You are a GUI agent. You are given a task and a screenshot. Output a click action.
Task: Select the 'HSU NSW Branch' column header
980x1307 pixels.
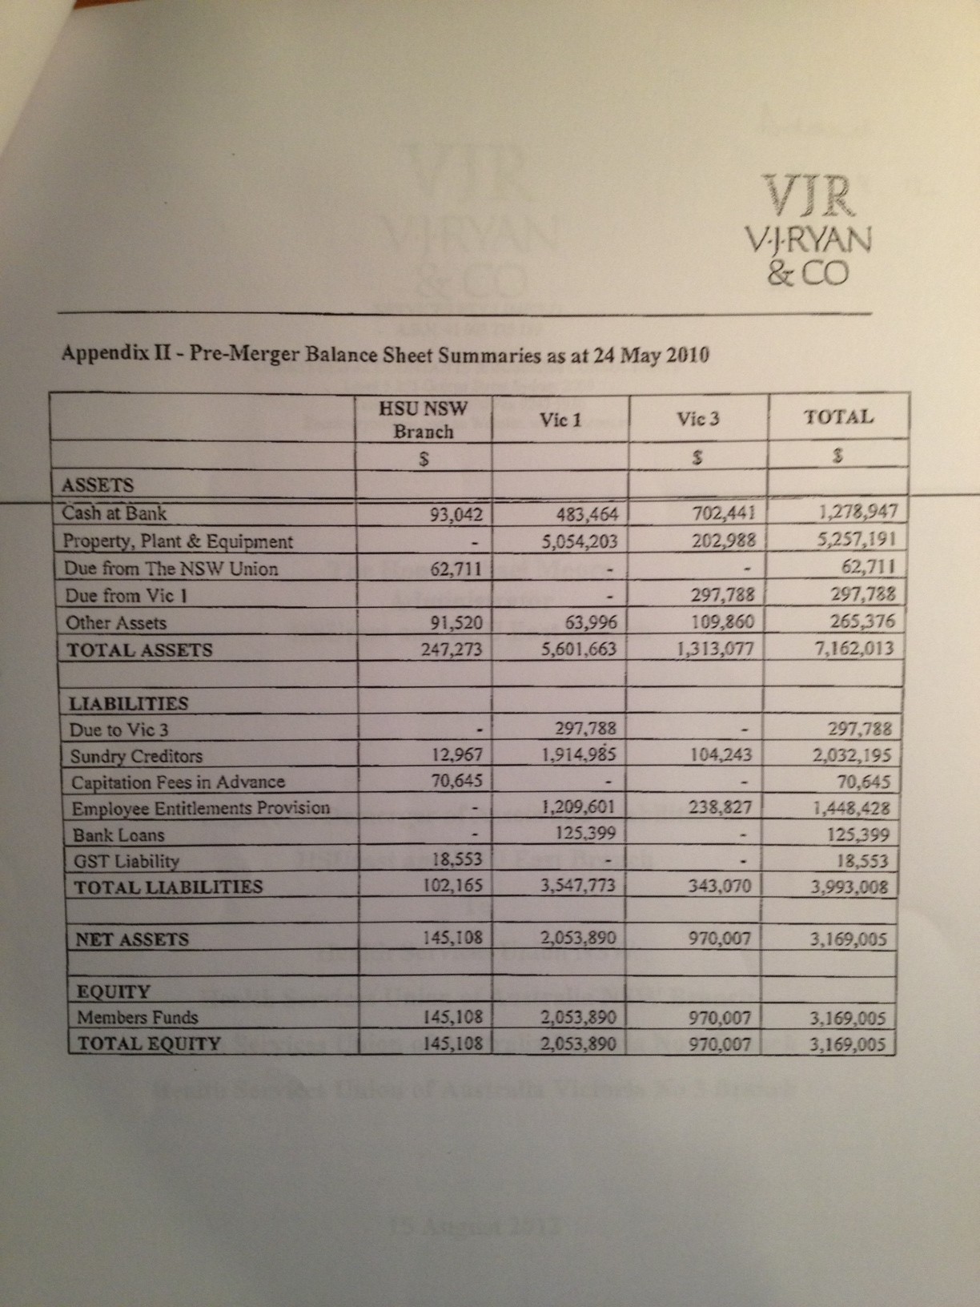423,419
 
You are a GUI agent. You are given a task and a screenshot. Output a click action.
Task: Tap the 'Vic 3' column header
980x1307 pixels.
697,418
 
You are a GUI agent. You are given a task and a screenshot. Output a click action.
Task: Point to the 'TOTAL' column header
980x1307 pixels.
838,416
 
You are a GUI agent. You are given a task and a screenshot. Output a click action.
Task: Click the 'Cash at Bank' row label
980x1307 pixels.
115,513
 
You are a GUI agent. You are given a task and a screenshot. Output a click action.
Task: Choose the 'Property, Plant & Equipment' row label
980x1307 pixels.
179,541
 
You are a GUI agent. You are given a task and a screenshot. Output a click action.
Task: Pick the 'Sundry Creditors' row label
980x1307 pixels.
137,756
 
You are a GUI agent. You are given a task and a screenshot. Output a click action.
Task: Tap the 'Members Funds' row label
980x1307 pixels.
138,1018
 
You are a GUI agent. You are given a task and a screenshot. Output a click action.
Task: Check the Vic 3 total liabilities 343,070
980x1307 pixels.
725,887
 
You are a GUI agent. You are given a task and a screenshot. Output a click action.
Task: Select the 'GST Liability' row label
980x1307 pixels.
126,861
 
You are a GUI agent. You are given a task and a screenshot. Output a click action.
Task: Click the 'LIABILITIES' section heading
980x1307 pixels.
130,704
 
